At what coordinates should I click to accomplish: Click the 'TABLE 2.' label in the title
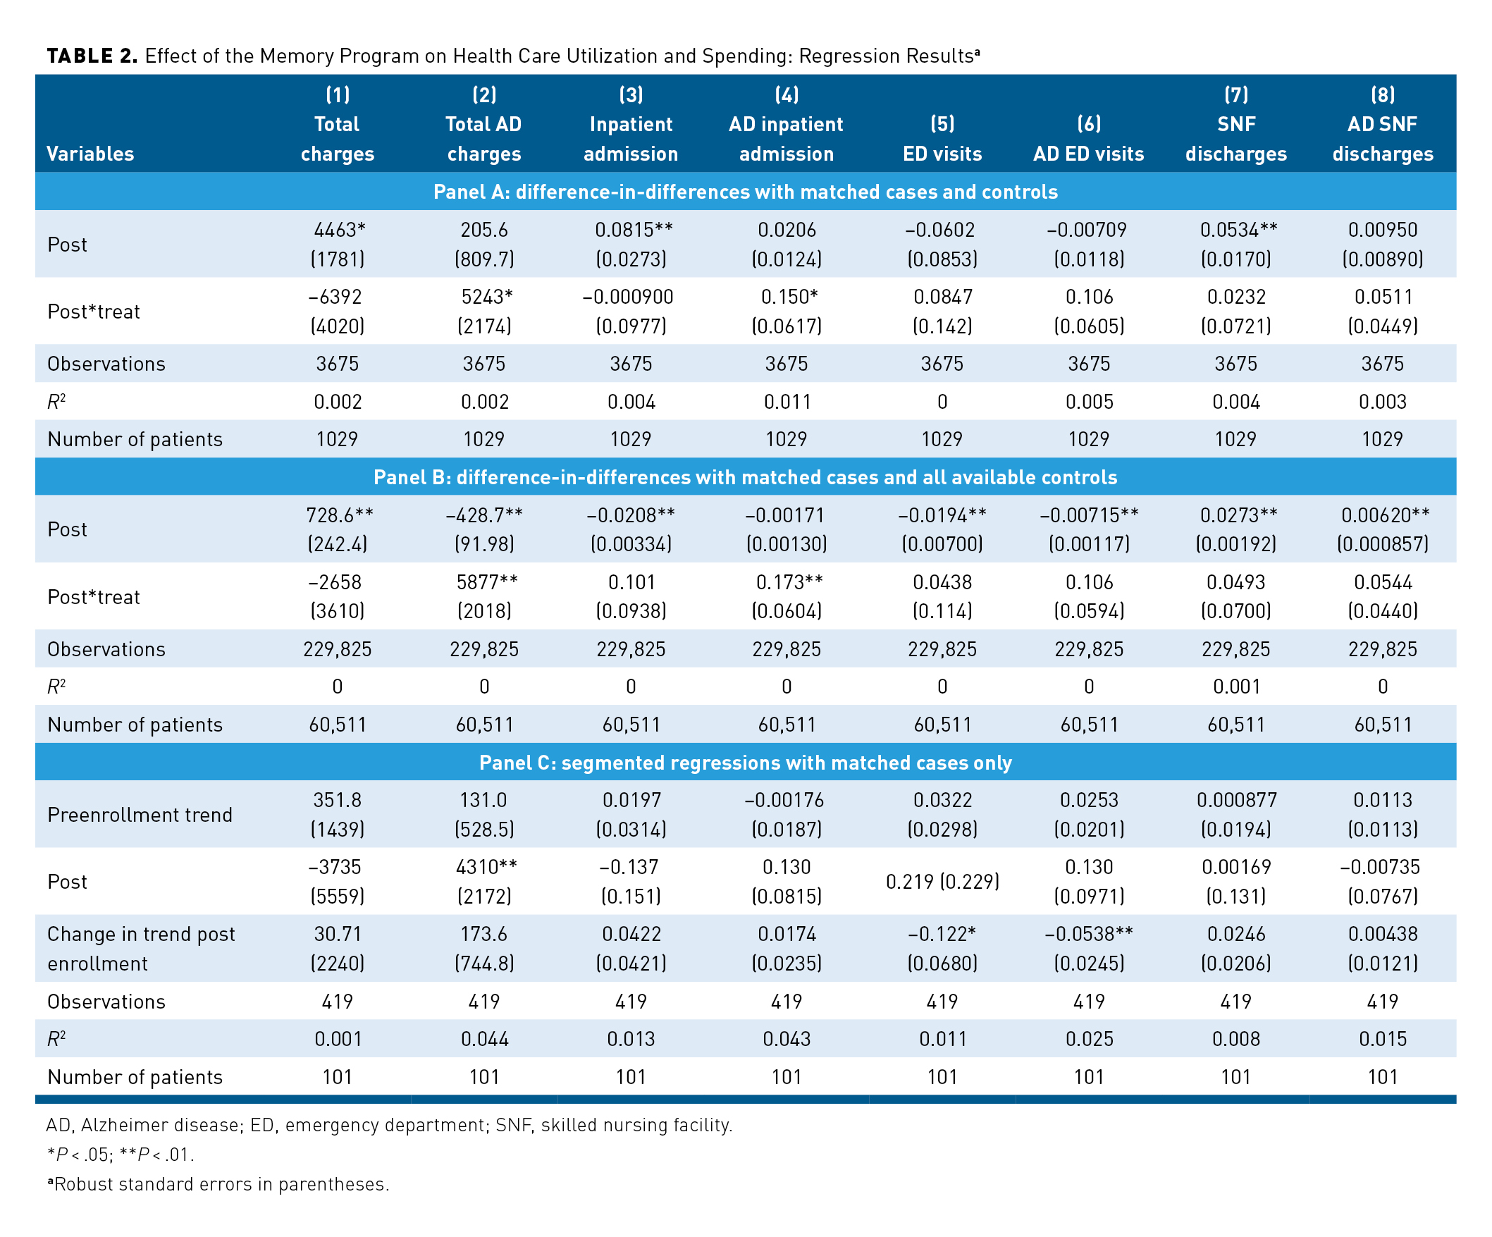92,56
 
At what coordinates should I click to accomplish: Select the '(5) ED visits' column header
942,139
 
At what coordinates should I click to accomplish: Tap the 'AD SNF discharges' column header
1382,139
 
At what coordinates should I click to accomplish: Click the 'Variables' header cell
90,154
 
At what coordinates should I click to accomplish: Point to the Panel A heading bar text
745,192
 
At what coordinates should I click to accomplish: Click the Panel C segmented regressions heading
745,763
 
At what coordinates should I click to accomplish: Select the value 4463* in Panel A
339,230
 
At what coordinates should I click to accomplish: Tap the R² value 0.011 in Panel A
787,402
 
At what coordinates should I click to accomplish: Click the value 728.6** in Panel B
339,515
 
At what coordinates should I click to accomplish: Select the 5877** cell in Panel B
486,582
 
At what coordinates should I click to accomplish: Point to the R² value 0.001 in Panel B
1235,687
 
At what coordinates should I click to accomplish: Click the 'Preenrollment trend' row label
140,814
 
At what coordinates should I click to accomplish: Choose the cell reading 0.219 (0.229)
942,881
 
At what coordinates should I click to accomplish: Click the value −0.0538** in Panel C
1088,934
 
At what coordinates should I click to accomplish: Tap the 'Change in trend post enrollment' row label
141,949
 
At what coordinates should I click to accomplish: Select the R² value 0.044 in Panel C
485,1039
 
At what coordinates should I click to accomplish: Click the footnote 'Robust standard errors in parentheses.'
221,1183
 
